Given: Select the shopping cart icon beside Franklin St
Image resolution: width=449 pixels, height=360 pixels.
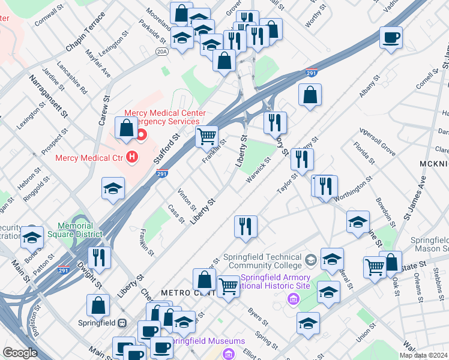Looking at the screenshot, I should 206,136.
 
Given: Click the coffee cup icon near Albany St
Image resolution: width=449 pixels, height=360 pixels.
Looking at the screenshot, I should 391,37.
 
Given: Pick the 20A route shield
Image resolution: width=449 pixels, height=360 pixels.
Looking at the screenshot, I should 161,52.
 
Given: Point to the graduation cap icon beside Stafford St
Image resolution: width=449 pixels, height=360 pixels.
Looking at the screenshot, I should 113,188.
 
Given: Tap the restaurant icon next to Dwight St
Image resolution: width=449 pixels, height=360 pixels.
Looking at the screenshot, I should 99,257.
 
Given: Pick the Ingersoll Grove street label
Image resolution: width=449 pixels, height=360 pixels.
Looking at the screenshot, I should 377,140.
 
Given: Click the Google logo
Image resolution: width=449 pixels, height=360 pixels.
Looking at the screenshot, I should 20,353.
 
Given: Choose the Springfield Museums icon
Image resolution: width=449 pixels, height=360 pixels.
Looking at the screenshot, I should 229,354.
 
